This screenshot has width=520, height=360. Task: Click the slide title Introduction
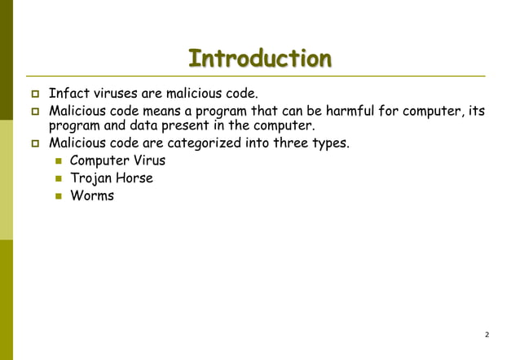tap(260, 59)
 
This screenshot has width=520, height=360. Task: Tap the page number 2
tap(487, 335)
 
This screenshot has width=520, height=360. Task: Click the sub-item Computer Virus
tap(117, 160)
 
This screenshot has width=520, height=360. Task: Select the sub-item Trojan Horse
tap(112, 178)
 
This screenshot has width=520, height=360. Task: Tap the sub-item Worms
tap(92, 195)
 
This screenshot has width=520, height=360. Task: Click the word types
tap(331, 144)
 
